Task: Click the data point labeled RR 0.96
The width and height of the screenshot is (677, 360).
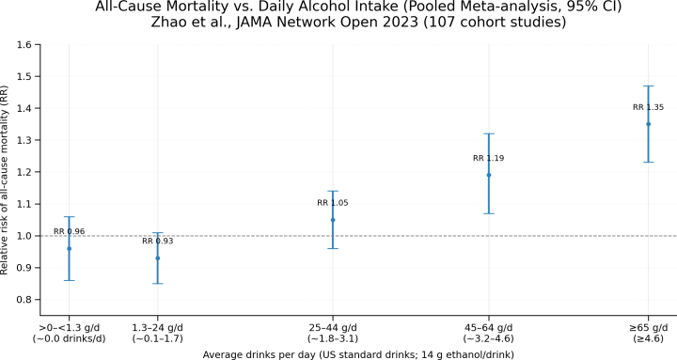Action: coord(69,248)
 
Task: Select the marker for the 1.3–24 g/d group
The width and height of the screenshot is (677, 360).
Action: coord(158,258)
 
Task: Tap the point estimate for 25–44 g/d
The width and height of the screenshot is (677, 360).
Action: coord(333,220)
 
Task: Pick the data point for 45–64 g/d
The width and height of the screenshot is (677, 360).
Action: coord(489,175)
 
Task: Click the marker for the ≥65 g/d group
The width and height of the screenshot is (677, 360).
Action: coord(648,124)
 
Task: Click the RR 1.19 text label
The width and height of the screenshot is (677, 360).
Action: coord(489,158)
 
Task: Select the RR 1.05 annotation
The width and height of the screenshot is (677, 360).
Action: coord(333,203)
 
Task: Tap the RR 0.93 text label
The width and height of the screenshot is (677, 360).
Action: coord(158,242)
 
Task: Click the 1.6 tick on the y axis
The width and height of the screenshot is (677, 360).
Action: coord(25,45)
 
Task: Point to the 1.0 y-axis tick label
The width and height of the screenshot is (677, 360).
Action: coord(25,236)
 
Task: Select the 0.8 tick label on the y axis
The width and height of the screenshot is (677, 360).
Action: coord(25,300)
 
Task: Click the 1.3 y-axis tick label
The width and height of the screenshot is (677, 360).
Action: coord(25,141)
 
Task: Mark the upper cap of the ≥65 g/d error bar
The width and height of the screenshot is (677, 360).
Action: coord(648,86)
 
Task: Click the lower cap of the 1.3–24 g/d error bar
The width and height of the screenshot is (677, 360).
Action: coord(158,284)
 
